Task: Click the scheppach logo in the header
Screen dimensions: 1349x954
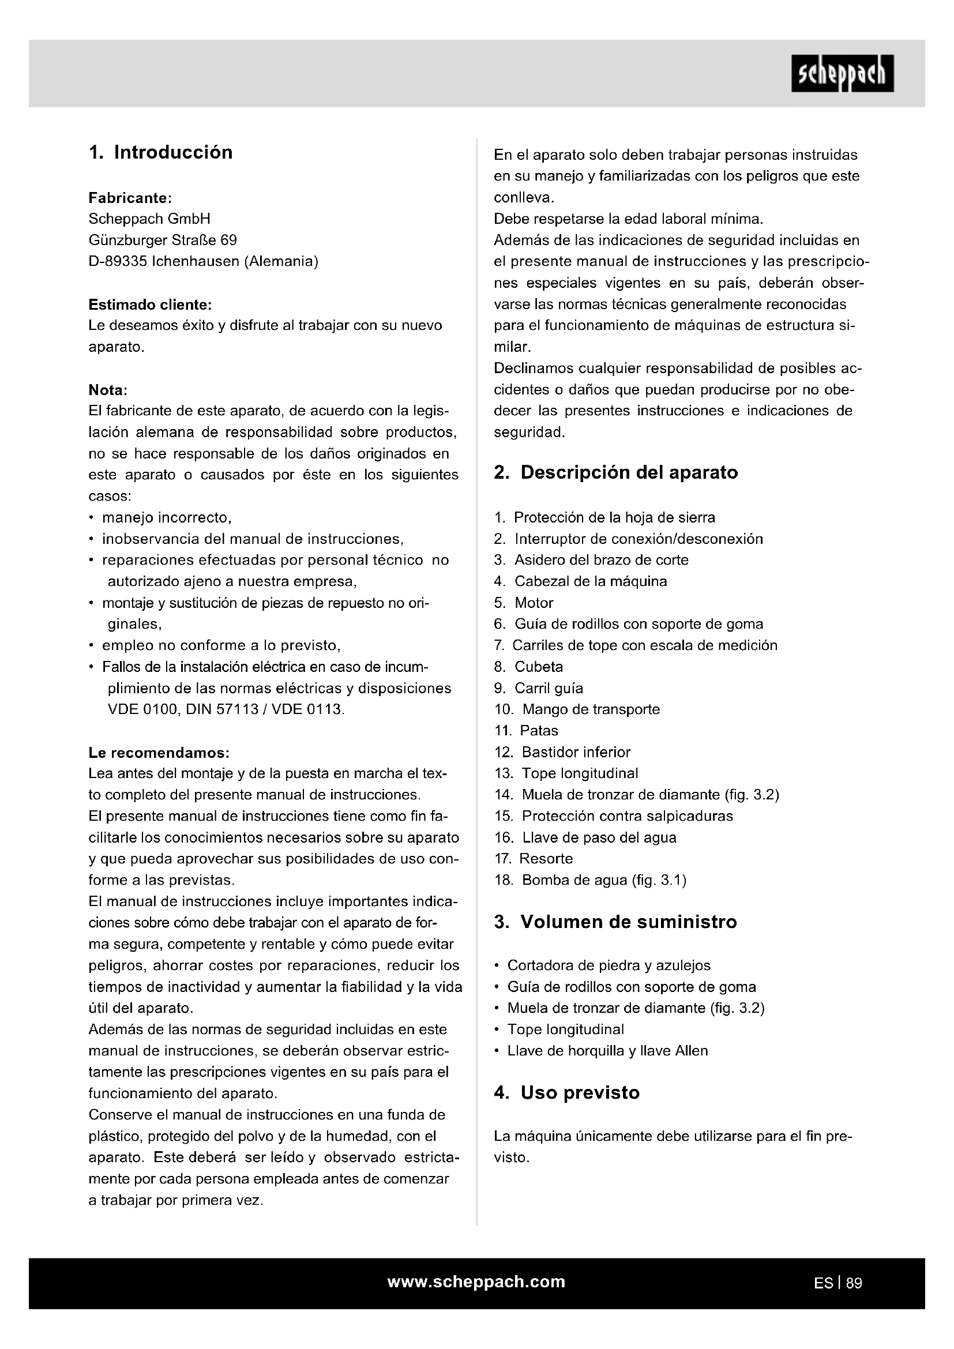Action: click(x=842, y=74)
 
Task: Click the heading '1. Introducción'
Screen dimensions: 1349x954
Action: click(x=160, y=152)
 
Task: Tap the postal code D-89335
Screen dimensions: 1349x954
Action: click(x=118, y=261)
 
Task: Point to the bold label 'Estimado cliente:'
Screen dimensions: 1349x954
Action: click(x=150, y=305)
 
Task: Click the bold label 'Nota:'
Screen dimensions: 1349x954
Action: click(x=108, y=390)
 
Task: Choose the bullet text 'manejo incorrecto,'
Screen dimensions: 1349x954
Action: click(x=167, y=517)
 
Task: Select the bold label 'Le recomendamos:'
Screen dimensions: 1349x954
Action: click(x=159, y=753)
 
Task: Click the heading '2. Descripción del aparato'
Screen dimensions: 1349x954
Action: click(x=615, y=472)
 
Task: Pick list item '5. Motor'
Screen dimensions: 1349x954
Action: click(x=523, y=603)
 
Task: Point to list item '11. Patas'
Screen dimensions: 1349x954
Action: click(x=527, y=731)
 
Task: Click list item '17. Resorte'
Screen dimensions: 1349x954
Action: click(x=534, y=858)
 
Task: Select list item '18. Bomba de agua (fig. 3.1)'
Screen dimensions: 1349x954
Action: click(x=591, y=880)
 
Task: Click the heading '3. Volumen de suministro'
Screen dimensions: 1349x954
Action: click(x=615, y=922)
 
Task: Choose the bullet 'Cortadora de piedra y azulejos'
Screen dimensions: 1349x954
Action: click(x=609, y=965)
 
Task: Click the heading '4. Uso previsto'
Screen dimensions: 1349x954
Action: click(x=566, y=1092)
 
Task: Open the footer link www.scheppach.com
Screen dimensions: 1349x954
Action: click(x=476, y=1282)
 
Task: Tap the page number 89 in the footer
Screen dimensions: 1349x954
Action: click(x=854, y=1283)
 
